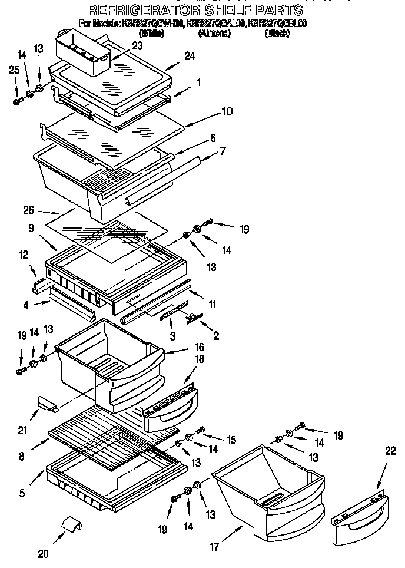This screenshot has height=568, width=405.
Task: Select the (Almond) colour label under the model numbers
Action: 214,33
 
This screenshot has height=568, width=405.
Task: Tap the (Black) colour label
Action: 277,33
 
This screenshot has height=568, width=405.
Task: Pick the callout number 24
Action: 188,57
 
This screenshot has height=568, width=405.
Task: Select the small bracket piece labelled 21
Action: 47,403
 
